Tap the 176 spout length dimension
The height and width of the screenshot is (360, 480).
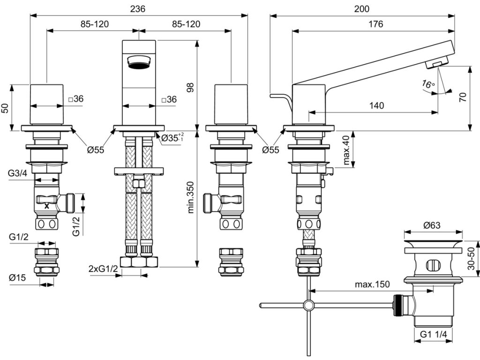(x=375, y=24)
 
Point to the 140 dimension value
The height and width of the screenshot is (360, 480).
(x=376, y=105)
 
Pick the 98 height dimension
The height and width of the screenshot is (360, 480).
(x=190, y=87)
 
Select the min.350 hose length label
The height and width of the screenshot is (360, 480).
(x=191, y=197)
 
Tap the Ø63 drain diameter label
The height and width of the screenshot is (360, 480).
(x=432, y=225)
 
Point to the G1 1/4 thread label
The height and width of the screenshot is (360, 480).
(x=433, y=334)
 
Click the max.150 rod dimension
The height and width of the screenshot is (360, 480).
(x=372, y=285)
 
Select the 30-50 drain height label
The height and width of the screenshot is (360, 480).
(x=472, y=258)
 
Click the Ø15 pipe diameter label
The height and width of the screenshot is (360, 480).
(x=17, y=277)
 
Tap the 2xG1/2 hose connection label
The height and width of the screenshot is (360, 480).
(x=104, y=269)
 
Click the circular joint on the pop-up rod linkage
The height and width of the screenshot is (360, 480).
(x=308, y=305)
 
